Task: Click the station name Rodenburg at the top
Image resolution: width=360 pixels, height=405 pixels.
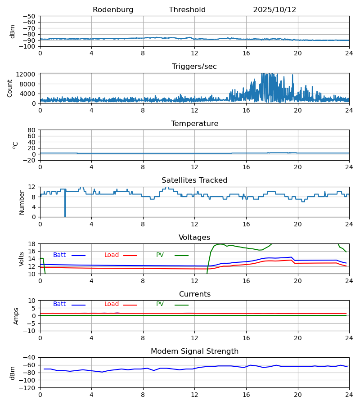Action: click(x=113, y=10)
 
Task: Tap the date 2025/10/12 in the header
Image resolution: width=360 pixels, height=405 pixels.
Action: click(x=274, y=10)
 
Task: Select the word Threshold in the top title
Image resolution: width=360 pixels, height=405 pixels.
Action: click(x=187, y=10)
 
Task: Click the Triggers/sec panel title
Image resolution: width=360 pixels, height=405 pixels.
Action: click(x=194, y=67)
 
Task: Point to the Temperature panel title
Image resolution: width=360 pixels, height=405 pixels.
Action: click(x=194, y=124)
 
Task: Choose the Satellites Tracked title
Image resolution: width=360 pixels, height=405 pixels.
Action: click(x=194, y=180)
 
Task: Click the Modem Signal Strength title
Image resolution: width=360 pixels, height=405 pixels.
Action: click(x=194, y=351)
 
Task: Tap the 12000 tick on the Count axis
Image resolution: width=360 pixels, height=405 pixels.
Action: click(x=28, y=74)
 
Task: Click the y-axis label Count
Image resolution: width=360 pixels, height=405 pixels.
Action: click(x=10, y=88)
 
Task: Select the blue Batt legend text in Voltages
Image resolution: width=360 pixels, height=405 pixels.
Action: click(x=59, y=255)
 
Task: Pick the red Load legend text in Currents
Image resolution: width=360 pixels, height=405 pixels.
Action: click(x=112, y=304)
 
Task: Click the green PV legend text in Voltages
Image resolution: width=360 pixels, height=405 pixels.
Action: click(x=160, y=255)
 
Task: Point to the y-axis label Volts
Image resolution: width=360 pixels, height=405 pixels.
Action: click(x=22, y=259)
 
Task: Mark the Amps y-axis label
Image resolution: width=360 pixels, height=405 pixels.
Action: click(x=16, y=316)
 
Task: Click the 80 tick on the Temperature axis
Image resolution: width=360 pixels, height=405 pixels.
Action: click(x=32, y=130)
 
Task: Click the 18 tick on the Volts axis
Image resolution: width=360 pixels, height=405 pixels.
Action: click(x=32, y=244)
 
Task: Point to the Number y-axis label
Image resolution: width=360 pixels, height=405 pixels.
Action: click(x=22, y=202)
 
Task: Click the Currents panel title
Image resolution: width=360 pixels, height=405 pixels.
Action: click(x=194, y=294)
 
